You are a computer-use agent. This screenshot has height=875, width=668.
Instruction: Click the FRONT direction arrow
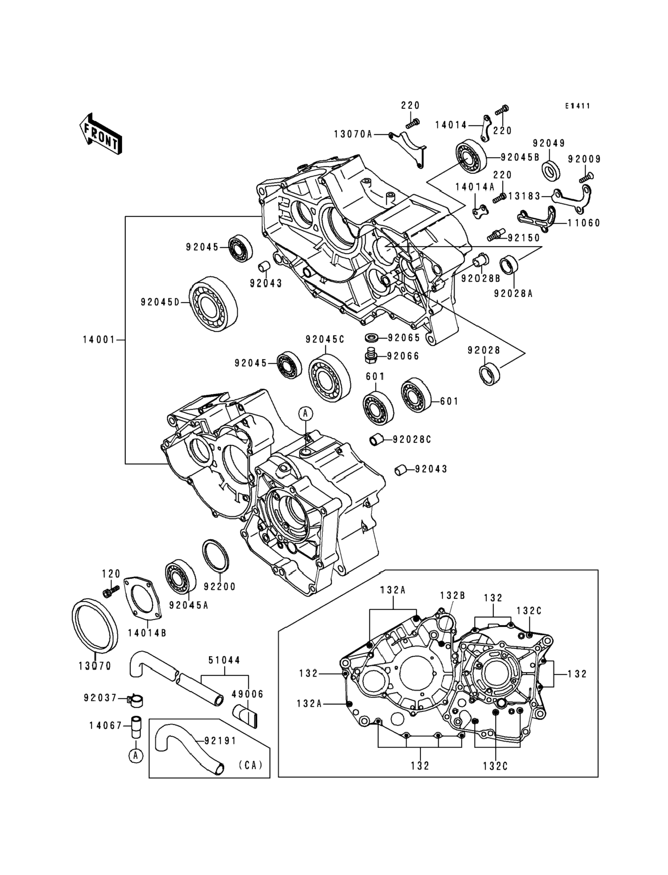(x=101, y=134)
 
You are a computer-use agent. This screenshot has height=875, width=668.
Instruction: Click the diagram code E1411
(x=578, y=106)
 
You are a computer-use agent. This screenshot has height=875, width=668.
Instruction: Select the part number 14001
(x=98, y=340)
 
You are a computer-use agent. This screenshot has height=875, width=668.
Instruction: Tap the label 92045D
(x=160, y=302)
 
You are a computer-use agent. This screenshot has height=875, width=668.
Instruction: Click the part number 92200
(x=220, y=587)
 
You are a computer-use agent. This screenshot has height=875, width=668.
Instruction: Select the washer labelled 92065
(x=371, y=338)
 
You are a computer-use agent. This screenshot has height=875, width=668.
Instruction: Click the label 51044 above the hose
(x=224, y=660)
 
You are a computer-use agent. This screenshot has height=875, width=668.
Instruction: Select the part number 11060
(x=583, y=223)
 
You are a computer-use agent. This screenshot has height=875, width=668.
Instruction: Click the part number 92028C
(x=411, y=439)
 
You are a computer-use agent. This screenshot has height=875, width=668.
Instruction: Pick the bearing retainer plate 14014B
(x=142, y=601)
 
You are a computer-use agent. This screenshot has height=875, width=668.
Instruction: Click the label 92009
(x=584, y=159)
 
